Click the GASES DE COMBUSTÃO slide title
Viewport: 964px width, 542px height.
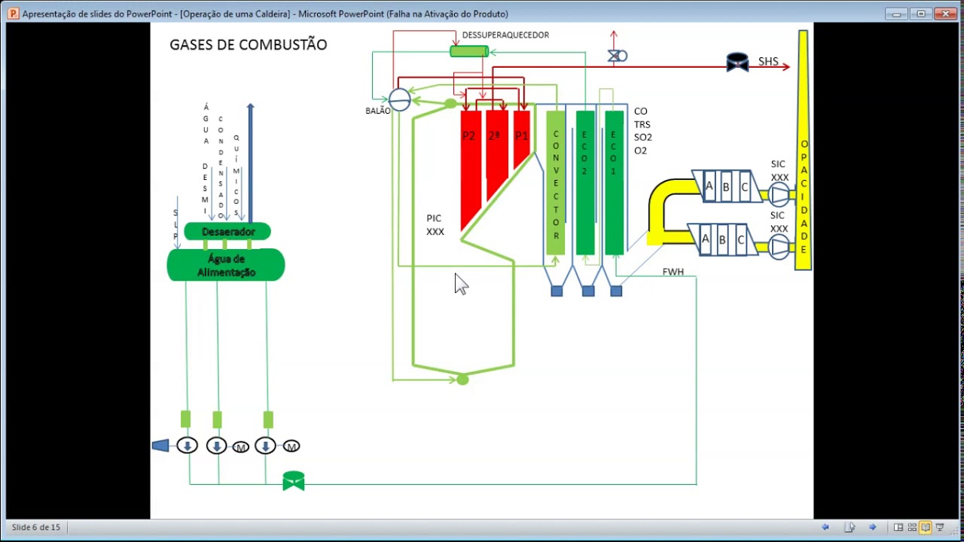[x=248, y=45]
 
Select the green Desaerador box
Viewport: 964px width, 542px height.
[x=227, y=232]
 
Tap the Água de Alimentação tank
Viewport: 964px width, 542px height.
[x=226, y=266]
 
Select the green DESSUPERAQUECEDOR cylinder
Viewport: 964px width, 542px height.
[x=469, y=51]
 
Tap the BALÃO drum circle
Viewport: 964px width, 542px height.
[x=400, y=99]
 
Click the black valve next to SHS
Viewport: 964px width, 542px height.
[x=737, y=62]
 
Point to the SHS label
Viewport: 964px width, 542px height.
[x=768, y=62]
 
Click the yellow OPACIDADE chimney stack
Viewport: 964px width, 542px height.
[x=804, y=151]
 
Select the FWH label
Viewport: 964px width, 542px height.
[x=673, y=272]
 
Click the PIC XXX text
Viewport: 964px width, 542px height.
[x=435, y=225]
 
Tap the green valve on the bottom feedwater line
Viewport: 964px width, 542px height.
[x=294, y=481]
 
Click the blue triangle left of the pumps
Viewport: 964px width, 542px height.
[x=160, y=446]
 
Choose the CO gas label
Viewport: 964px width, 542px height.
[x=641, y=111]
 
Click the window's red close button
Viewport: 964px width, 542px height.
[x=946, y=14]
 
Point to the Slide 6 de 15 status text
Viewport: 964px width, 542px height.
[x=36, y=527]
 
